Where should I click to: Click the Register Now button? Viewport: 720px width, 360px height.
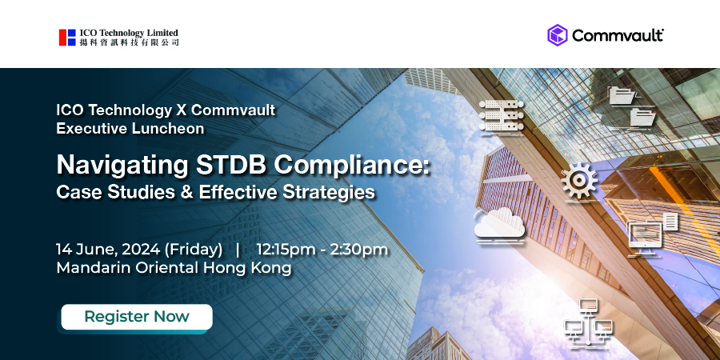pos(137,317)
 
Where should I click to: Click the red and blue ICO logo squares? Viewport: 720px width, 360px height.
pos(67,38)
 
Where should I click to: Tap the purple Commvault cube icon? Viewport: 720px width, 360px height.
pos(558,35)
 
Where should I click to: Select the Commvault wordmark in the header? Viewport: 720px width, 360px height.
pos(618,36)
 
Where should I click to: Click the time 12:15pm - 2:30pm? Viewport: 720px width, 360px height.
pos(322,250)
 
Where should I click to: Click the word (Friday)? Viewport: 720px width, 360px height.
pos(194,250)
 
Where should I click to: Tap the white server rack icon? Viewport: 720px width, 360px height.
pos(502,115)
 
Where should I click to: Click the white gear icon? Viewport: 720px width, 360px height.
pos(579,181)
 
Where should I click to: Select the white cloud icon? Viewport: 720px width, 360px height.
pos(499,224)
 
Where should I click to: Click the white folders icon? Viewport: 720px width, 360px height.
pos(631,106)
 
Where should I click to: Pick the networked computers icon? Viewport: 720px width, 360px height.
pos(588,324)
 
